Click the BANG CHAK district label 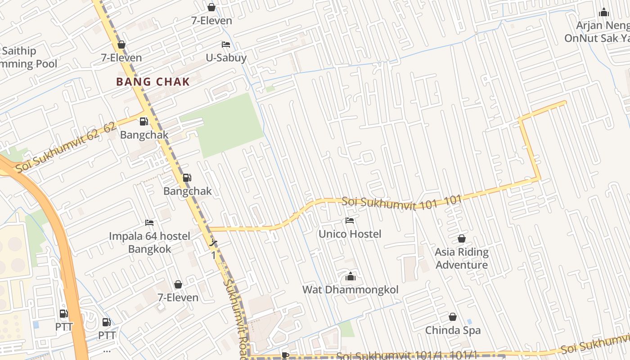pos(153,82)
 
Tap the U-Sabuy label pos(226,58)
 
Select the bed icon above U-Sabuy pos(226,45)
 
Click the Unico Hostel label pos(350,234)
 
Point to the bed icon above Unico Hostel pos(350,220)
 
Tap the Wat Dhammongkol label pos(350,289)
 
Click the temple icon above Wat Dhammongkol pos(350,276)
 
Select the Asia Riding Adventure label pos(462,258)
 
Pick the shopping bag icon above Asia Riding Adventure pos(462,238)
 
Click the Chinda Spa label pos(453,330)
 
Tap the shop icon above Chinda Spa pos(453,317)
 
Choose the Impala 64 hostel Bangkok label pos(149,243)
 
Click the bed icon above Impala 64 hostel pos(149,223)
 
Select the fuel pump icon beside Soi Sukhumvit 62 pos(144,121)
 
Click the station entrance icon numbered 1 pos(214,243)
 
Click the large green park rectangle pos(229,124)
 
